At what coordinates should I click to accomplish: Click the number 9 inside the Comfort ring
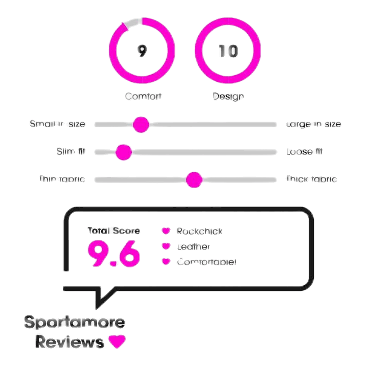pyautogui.click(x=143, y=51)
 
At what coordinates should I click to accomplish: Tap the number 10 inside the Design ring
pyautogui.click(x=228, y=51)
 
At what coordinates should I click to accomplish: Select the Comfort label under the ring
pyautogui.click(x=143, y=96)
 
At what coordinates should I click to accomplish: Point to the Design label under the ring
pyautogui.click(x=228, y=96)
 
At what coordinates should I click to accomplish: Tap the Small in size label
pyautogui.click(x=58, y=124)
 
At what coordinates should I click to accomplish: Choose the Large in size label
pyautogui.click(x=314, y=124)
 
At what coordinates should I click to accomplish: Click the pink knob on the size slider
pyautogui.click(x=141, y=124)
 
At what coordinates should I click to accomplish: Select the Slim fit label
pyautogui.click(x=71, y=152)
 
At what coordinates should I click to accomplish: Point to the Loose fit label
pyautogui.click(x=305, y=152)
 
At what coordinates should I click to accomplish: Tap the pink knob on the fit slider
pyautogui.click(x=124, y=152)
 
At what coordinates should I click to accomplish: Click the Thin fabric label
pyautogui.click(x=62, y=179)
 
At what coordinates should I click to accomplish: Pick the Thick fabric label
pyautogui.click(x=311, y=179)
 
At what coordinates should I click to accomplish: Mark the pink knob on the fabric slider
pyautogui.click(x=194, y=179)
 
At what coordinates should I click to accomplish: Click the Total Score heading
pyautogui.click(x=113, y=231)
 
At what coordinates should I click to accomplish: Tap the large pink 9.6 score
pyautogui.click(x=113, y=253)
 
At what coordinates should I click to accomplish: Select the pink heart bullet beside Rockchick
pyautogui.click(x=166, y=231)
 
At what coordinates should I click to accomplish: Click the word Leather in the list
pyautogui.click(x=193, y=247)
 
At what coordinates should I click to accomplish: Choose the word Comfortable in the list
pyautogui.click(x=207, y=262)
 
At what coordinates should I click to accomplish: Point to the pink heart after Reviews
pyautogui.click(x=117, y=341)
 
